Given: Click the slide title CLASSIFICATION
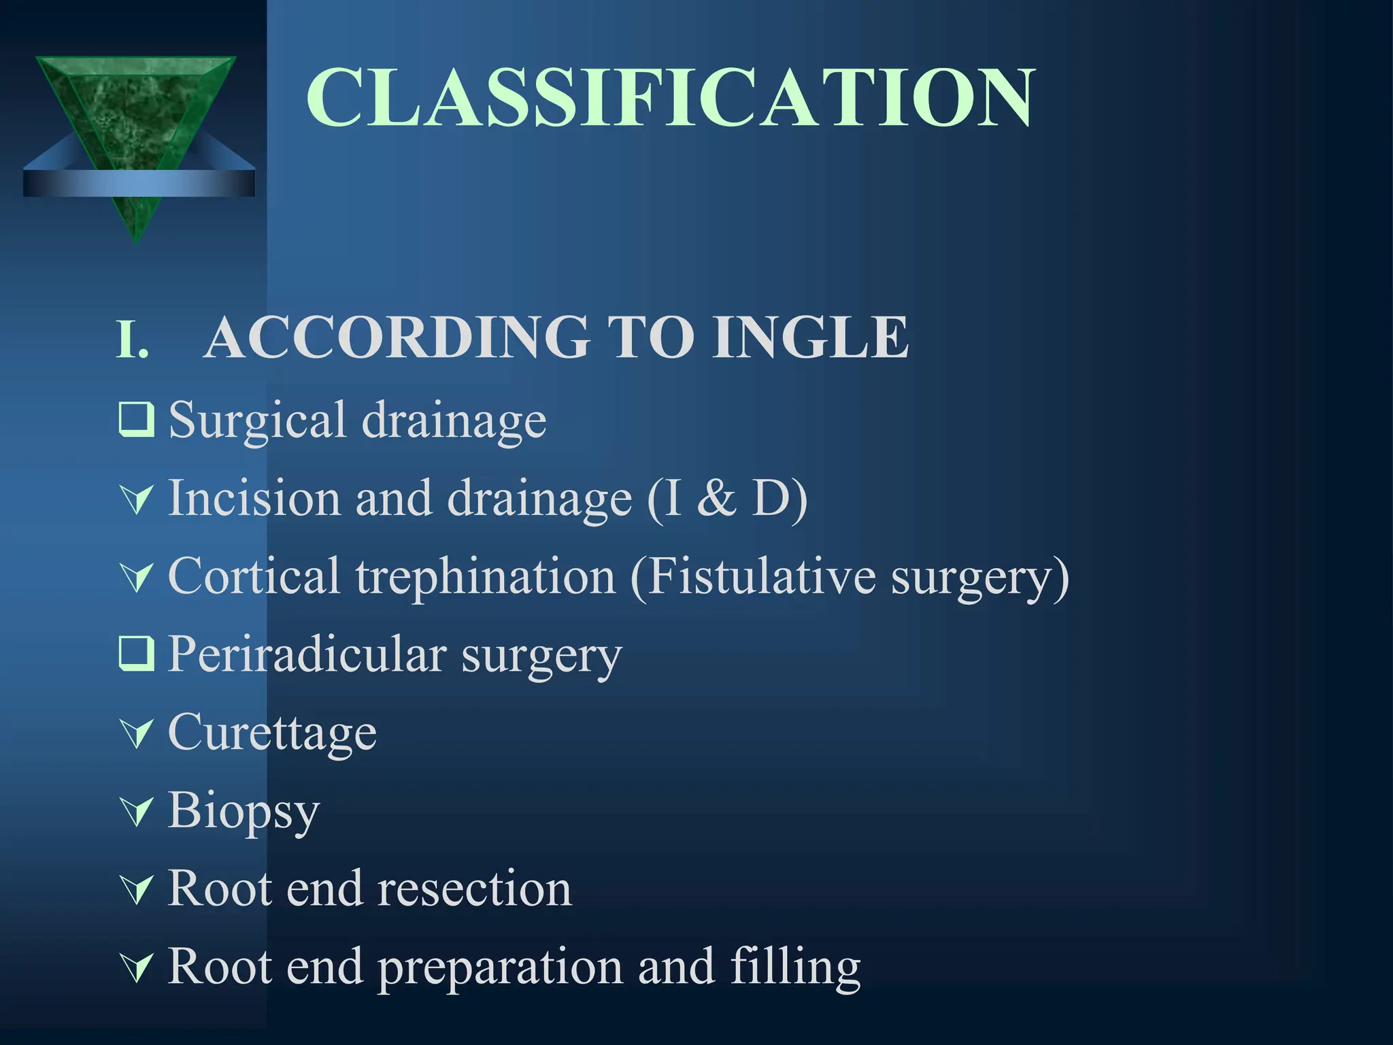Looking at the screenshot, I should pos(670,97).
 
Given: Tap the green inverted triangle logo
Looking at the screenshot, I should pos(136,116).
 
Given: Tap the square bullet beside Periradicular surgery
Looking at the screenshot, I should pos(136,654).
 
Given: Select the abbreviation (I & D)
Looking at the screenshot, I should pos(726,499).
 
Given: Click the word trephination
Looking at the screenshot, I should pos(485,577).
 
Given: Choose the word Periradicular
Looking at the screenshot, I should pos(307,654).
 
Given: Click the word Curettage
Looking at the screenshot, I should pos(272,733).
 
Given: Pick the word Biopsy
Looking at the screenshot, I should pos(244,812).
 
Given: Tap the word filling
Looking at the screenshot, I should pos(794,967).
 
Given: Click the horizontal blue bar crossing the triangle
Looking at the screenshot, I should pos(139,184).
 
